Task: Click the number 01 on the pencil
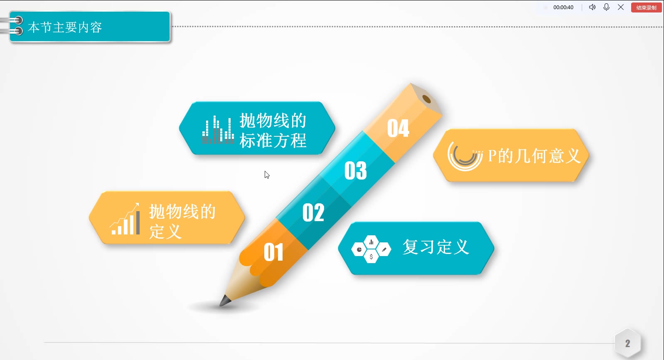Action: point(273,252)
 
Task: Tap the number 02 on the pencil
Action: point(313,212)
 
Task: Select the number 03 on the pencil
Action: point(356,170)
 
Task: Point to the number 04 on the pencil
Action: point(398,128)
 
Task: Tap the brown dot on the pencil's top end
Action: point(426,99)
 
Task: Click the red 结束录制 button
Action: point(646,7)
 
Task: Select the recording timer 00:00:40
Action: point(563,7)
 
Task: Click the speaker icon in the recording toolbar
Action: point(592,7)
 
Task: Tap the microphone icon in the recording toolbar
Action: point(606,7)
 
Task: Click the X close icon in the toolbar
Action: point(621,7)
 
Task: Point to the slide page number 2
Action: point(627,343)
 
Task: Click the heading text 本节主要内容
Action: point(65,27)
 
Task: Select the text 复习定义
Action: point(435,247)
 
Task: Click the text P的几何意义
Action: point(534,156)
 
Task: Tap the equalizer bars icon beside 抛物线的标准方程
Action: point(218,130)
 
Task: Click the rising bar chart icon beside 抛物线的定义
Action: point(125,219)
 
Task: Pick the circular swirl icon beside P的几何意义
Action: point(465,155)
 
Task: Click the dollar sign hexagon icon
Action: point(371,257)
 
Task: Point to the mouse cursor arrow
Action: point(267,175)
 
